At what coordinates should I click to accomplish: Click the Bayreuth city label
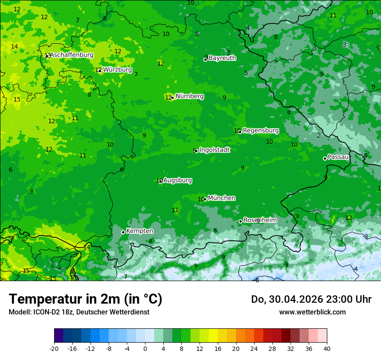click(x=222, y=58)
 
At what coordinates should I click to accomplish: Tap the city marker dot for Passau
click(x=325, y=158)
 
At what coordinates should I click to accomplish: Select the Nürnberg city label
click(x=190, y=96)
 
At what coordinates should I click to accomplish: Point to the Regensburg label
click(x=261, y=130)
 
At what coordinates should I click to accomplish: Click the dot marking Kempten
click(x=123, y=232)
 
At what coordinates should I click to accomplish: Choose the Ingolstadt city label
click(x=214, y=150)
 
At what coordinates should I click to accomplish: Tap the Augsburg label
click(x=178, y=180)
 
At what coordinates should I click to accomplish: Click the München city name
click(x=222, y=198)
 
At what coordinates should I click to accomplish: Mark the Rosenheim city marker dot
click(x=240, y=221)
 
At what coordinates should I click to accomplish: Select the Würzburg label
click(x=117, y=69)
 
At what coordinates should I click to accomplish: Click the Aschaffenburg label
click(x=71, y=55)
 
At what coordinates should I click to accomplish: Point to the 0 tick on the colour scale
click(x=145, y=348)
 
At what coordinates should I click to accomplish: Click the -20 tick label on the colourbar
click(x=54, y=348)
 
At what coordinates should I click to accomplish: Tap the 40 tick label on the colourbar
click(x=327, y=348)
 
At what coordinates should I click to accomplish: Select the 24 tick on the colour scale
click(x=254, y=348)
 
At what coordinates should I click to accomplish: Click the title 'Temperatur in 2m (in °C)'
click(x=85, y=299)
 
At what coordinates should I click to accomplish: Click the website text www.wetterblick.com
click(x=312, y=312)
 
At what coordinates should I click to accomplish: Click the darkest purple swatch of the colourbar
click(x=59, y=336)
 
